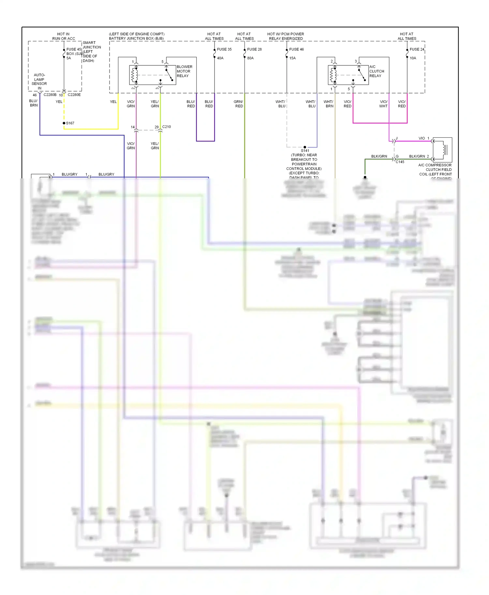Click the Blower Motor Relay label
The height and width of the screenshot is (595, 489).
coord(184,71)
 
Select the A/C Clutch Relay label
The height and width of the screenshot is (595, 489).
coord(377,71)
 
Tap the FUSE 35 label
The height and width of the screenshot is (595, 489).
coord(224,49)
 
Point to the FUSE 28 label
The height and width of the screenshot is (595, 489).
coord(254,49)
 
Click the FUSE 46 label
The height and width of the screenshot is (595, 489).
coord(296,49)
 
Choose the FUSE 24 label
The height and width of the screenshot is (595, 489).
coord(417,49)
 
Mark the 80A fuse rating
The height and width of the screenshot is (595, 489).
coord(250,58)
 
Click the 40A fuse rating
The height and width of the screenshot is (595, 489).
coord(220,58)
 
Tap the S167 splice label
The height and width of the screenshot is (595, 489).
coord(70,123)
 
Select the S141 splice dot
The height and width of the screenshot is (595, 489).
coord(305,147)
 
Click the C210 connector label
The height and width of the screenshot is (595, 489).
coord(166,127)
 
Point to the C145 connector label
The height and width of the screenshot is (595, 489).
coord(400,162)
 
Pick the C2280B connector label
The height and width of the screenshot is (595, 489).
coord(50,95)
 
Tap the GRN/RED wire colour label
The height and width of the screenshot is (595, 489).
coord(239,104)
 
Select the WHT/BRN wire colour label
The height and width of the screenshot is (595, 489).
coord(329,104)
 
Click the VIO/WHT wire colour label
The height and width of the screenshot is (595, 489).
coord(383,104)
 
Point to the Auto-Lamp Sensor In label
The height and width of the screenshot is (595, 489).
coord(39,81)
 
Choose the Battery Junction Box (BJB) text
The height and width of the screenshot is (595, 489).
coord(136,38)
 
